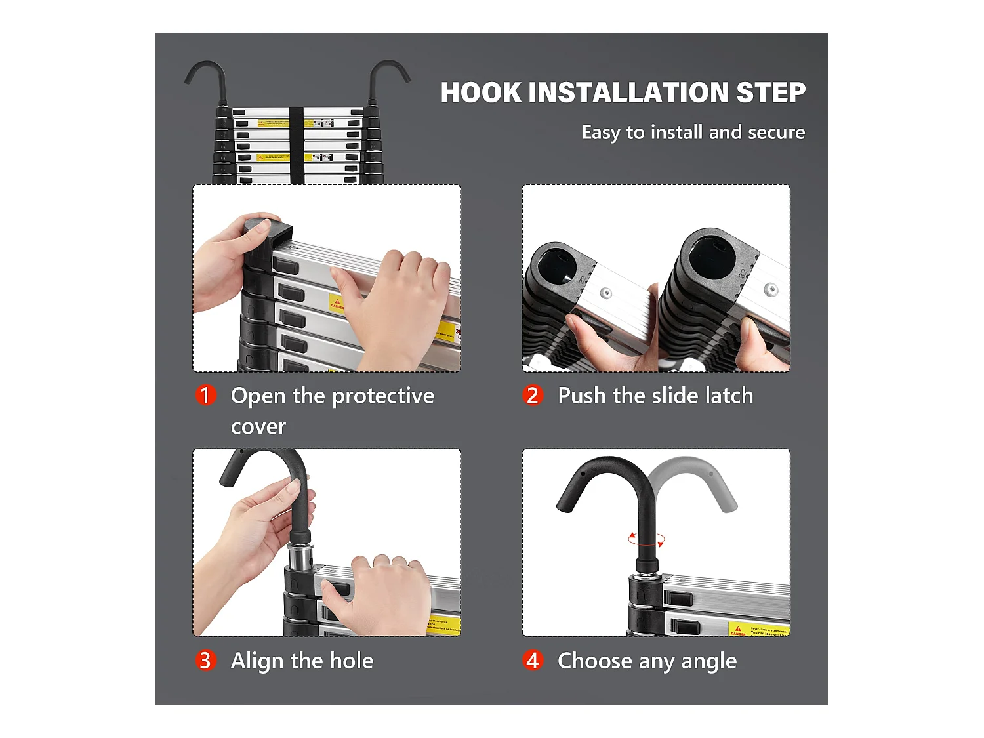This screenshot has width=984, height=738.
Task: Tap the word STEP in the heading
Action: (771, 92)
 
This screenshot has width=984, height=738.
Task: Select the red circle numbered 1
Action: (205, 395)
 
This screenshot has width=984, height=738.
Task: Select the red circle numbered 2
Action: (533, 395)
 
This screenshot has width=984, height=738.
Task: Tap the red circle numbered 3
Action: (205, 660)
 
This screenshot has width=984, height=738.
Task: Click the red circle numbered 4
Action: (533, 660)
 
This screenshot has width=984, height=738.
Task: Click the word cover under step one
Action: (258, 426)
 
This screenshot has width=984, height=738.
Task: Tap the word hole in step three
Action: (352, 661)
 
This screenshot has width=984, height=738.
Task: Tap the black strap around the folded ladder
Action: (297, 144)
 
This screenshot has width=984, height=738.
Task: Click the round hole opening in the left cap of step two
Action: (556, 266)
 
